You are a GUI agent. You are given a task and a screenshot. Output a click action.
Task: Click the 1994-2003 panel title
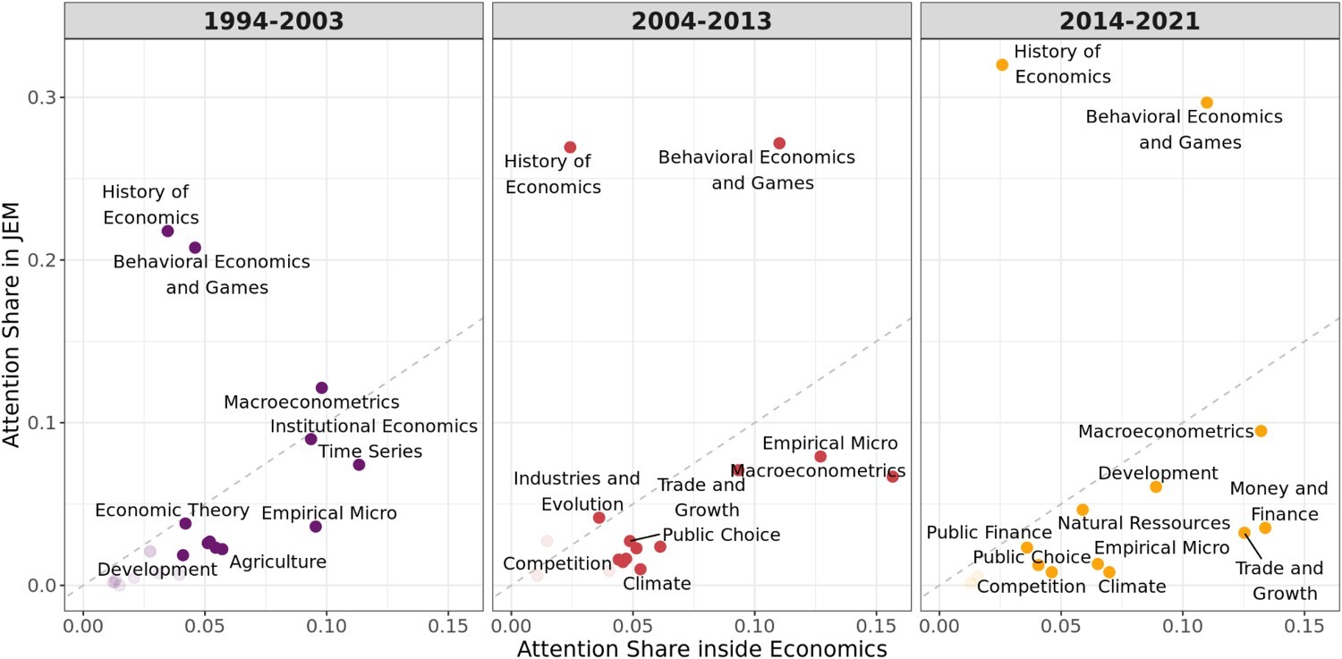(273, 21)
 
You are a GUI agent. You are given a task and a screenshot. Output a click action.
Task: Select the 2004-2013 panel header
(701, 21)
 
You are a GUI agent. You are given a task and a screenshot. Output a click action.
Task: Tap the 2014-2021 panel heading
(1129, 21)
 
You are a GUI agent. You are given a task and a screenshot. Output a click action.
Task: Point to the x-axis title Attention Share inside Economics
(701, 647)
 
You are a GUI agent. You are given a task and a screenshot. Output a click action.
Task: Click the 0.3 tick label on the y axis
(38, 97)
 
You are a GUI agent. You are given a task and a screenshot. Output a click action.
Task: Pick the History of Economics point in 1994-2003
(167, 231)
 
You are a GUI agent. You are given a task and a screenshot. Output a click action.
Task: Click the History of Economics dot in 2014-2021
(1002, 64)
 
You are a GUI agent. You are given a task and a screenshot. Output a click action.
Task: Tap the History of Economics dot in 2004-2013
(570, 147)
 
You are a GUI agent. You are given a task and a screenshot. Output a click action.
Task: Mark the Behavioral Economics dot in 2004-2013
(779, 143)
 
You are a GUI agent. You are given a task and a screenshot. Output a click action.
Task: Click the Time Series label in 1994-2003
(370, 452)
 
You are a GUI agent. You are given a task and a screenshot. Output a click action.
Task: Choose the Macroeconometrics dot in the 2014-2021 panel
(1261, 431)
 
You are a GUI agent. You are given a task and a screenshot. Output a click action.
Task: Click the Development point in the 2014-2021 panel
(1156, 486)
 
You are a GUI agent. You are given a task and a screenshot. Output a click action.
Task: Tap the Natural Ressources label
(1143, 522)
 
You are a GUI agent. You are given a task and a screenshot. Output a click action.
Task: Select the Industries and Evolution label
(576, 491)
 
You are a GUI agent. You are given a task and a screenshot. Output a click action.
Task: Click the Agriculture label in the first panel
(277, 562)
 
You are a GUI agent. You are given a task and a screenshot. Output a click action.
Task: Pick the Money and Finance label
(1266, 502)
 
